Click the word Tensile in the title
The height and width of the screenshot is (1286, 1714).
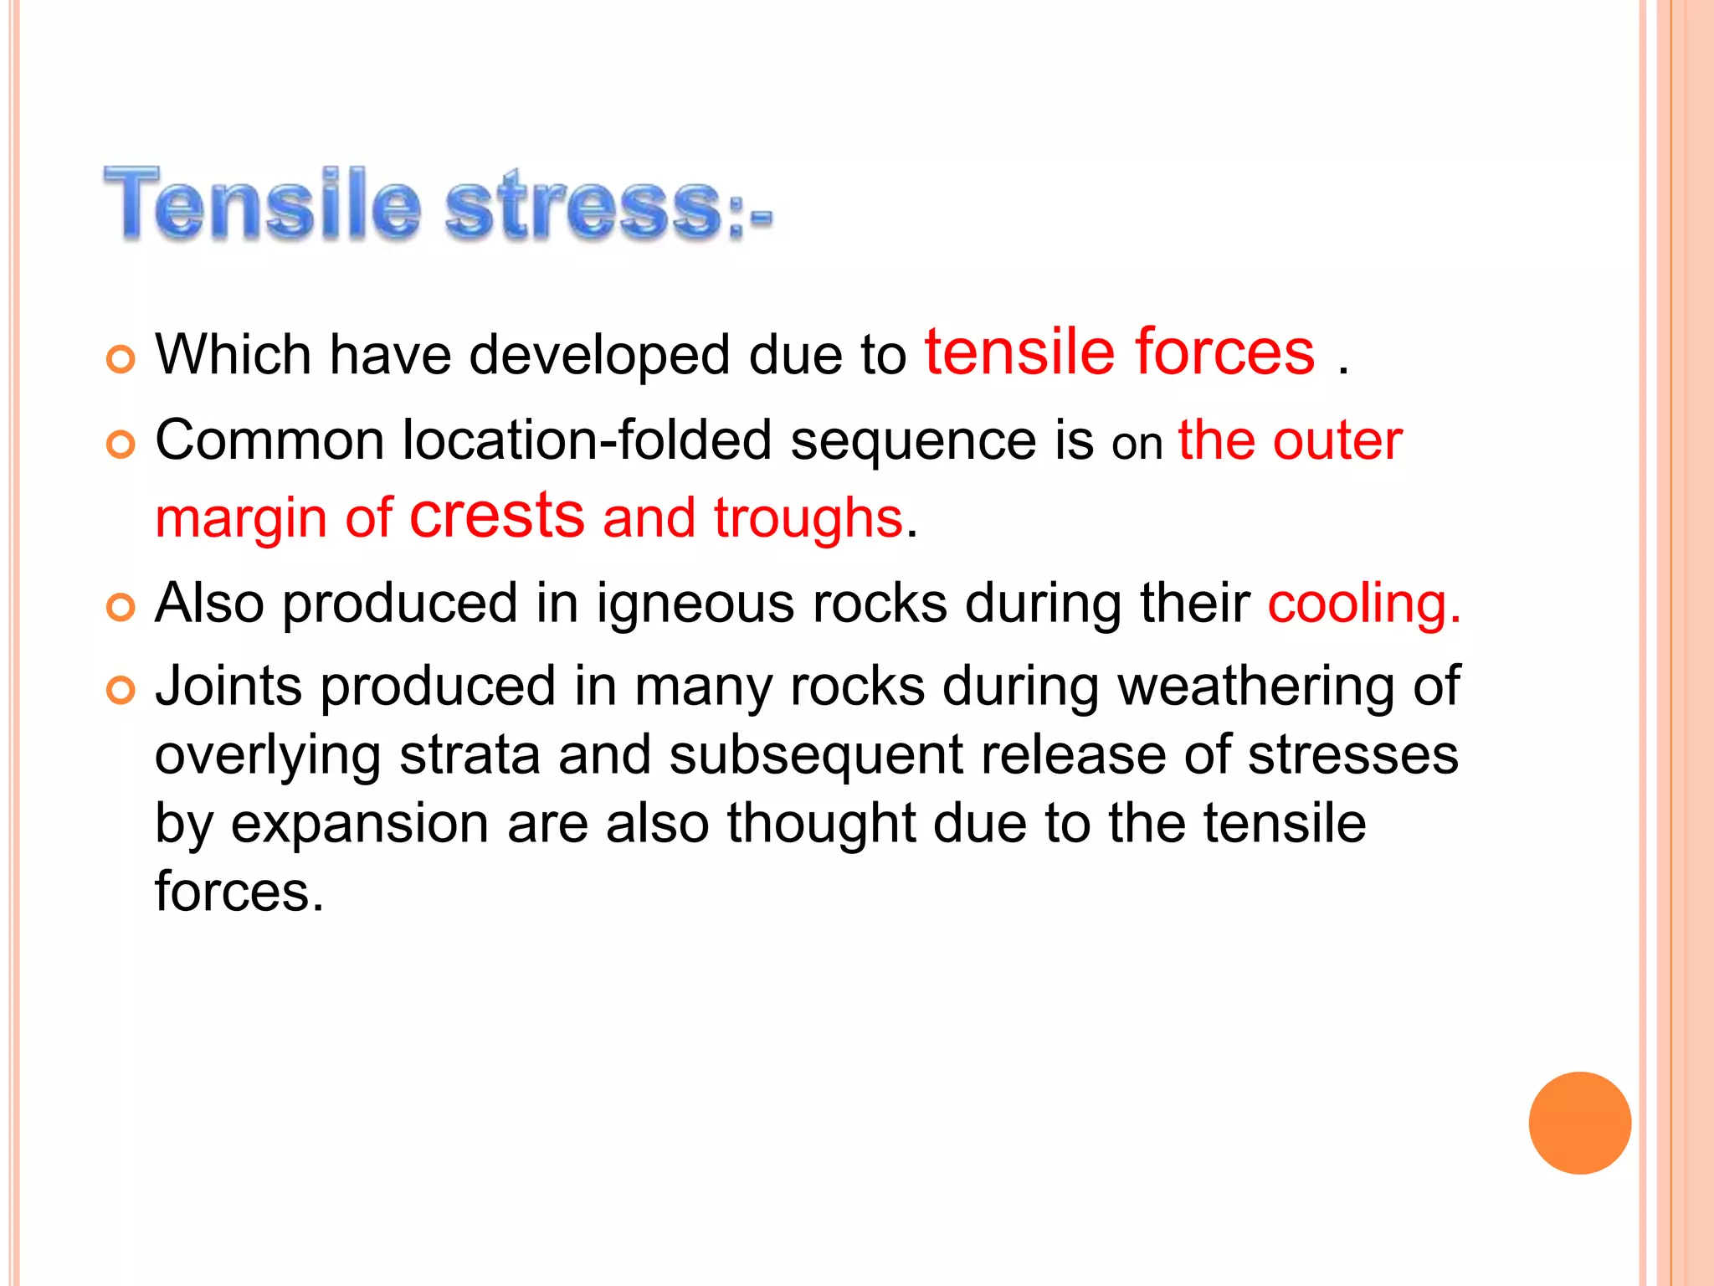coord(261,204)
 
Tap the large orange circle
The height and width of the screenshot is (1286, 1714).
coord(1579,1123)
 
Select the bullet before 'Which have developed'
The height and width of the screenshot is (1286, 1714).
coord(121,359)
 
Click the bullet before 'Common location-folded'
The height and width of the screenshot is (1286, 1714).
coord(121,445)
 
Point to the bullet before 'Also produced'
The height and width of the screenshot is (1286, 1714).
coord(121,608)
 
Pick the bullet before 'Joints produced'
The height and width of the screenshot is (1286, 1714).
coord(121,691)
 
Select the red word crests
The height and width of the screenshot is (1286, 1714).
coord(497,516)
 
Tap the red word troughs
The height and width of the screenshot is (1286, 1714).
coord(808,518)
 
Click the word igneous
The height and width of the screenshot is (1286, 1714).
coord(694,604)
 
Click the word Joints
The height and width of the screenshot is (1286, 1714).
coord(228,687)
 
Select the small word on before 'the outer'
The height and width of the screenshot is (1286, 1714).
coord(1137,445)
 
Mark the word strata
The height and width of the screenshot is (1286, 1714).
coord(470,754)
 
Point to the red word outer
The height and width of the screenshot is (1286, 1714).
coord(1337,440)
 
